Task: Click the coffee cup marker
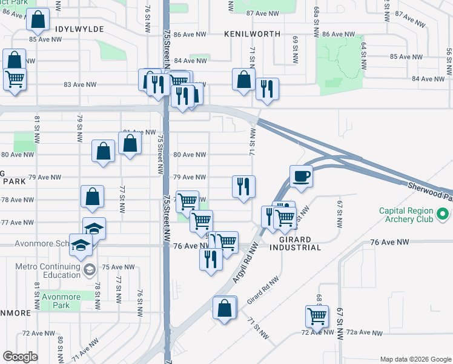point(301,177)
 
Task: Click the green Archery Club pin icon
point(443,214)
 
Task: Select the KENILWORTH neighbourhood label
point(252,34)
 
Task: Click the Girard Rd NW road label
point(262,291)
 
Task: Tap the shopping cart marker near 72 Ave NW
point(317,316)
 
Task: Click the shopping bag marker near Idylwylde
point(38,21)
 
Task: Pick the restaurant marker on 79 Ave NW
point(243,186)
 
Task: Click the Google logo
point(20,357)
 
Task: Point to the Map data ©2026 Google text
point(415,359)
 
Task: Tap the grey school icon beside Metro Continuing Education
point(89,269)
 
